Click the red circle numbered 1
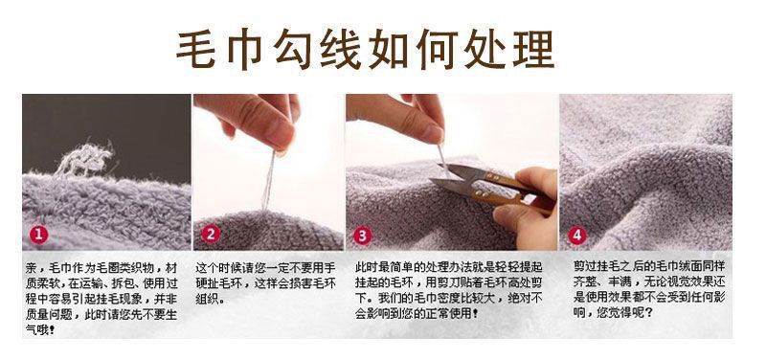[x=38, y=235]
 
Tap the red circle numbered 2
[x=210, y=235]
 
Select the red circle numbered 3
[x=362, y=236]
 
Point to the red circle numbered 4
[x=577, y=236]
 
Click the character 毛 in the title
[x=196, y=49]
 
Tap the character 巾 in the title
[x=244, y=49]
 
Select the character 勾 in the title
[x=292, y=49]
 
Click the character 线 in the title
[x=340, y=49]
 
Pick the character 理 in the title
[x=533, y=49]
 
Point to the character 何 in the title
[x=437, y=49]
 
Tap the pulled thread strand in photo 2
[x=269, y=181]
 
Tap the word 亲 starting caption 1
[x=31, y=268]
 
